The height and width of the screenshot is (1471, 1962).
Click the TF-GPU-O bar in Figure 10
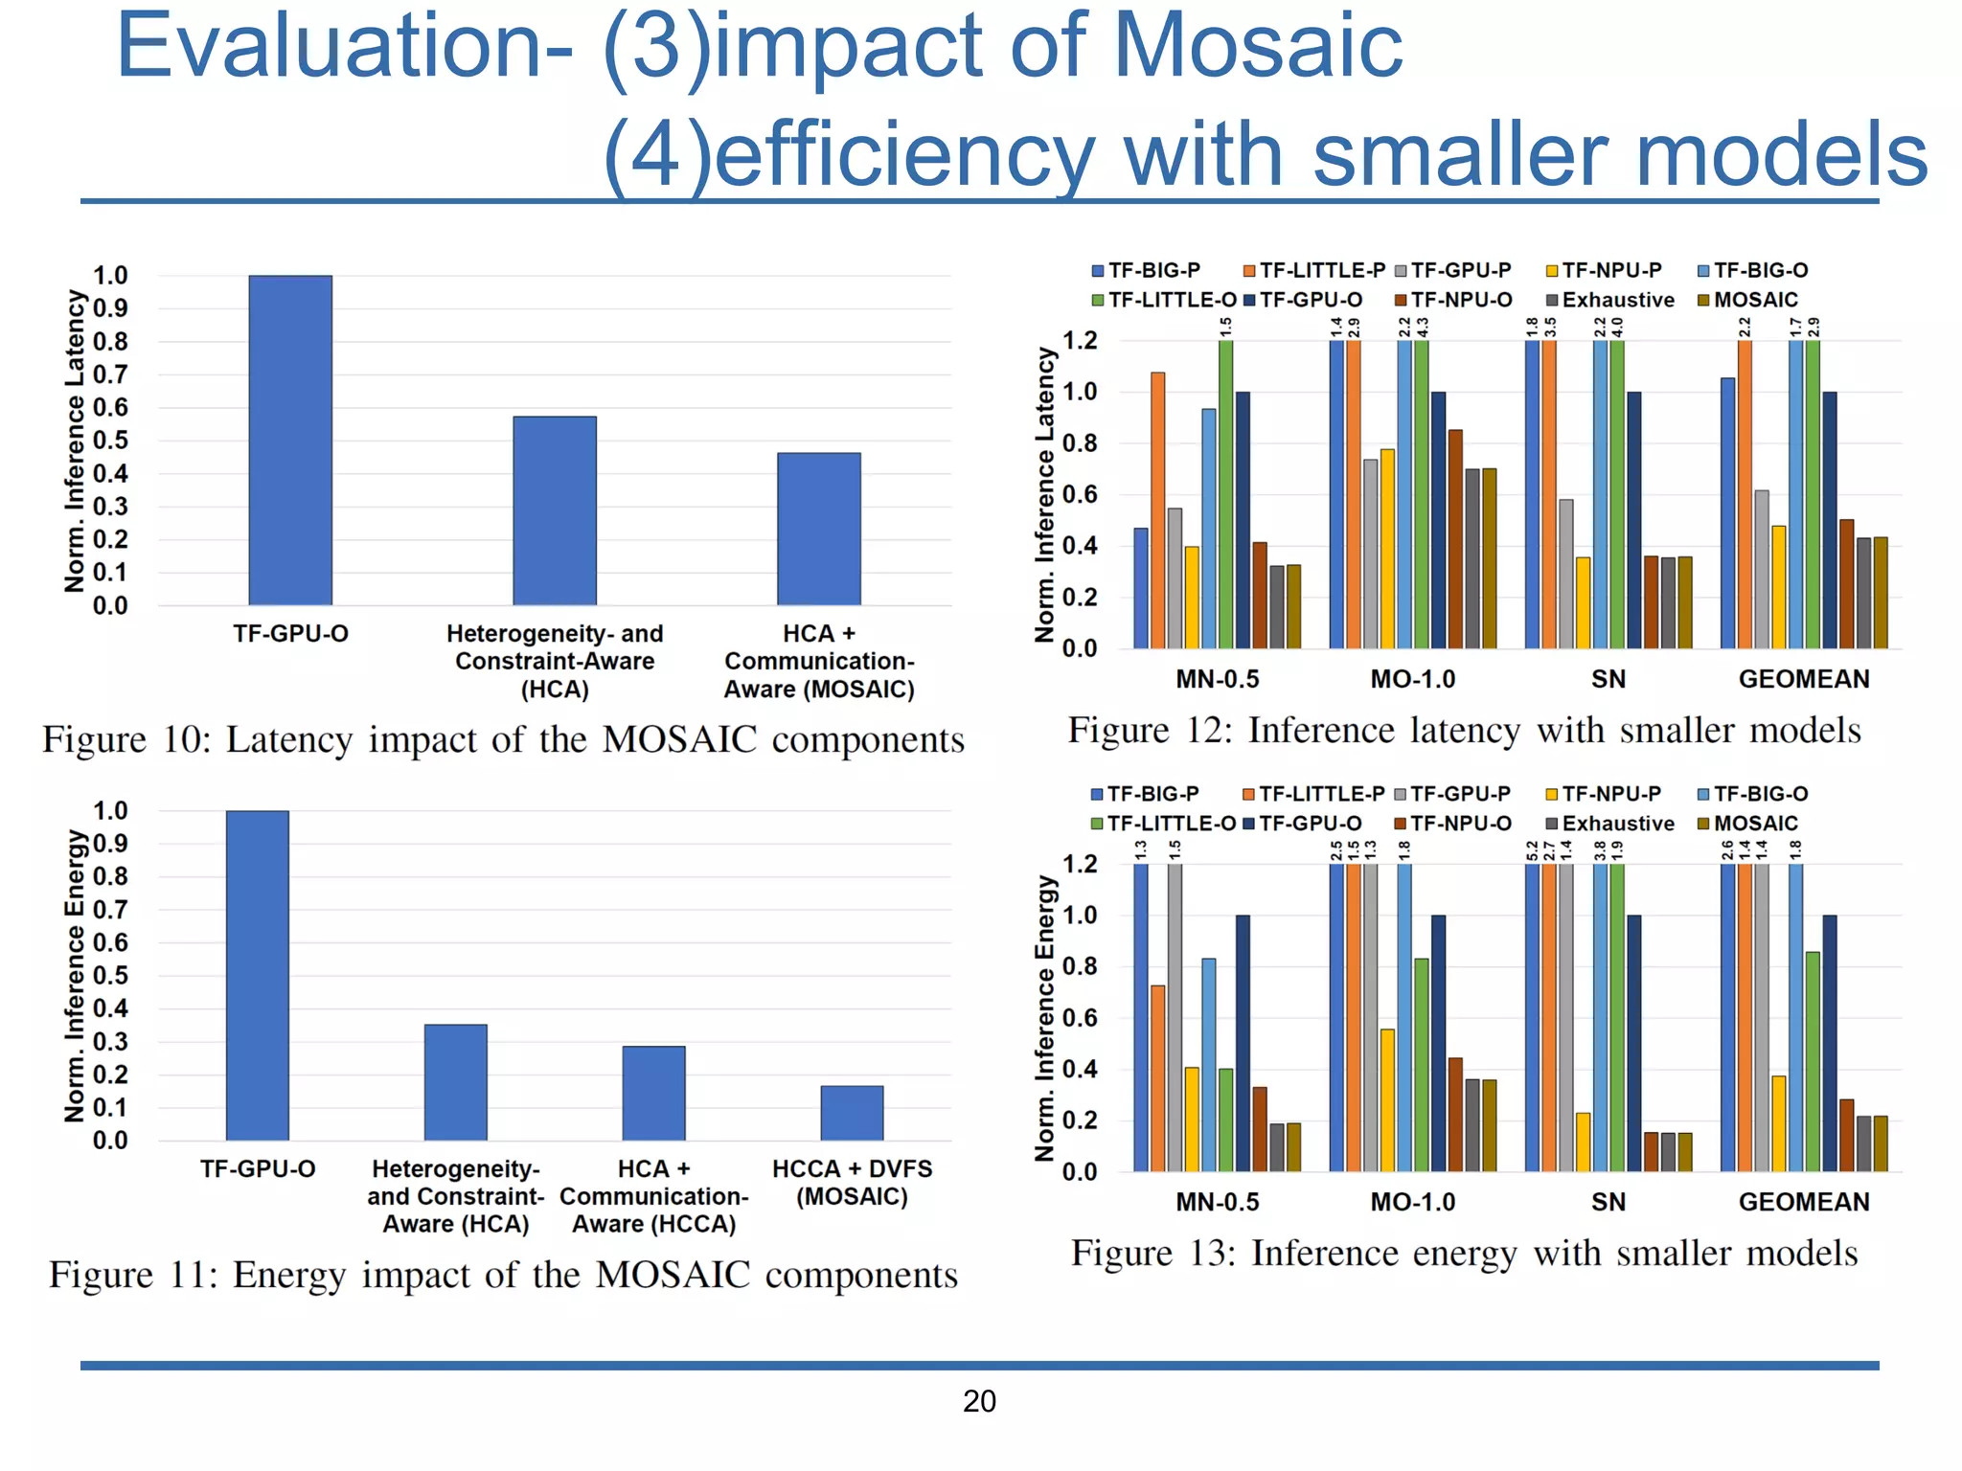tap(290, 441)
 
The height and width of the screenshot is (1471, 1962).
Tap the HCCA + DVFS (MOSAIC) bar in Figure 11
tap(852, 1113)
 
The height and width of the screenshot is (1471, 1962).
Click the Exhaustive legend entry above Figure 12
tap(1617, 300)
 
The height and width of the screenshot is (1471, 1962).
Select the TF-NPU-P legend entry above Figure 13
tap(1610, 794)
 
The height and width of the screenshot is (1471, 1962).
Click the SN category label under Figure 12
tap(1608, 679)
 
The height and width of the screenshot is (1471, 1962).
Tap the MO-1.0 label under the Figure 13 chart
tap(1412, 1202)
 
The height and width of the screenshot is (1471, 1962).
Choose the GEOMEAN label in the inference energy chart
tap(1804, 1202)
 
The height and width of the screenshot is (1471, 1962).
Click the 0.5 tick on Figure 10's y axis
tap(110, 441)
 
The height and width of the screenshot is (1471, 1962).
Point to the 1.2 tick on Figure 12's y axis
tap(1080, 341)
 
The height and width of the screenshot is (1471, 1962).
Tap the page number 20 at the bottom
tap(979, 1401)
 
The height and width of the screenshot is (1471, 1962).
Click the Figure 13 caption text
tap(1464, 1254)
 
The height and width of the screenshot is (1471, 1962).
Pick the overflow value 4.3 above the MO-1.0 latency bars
tap(1423, 328)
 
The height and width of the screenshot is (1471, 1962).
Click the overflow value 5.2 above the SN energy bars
tap(1532, 850)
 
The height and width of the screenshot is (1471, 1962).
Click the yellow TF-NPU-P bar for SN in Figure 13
tap(1583, 1142)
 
